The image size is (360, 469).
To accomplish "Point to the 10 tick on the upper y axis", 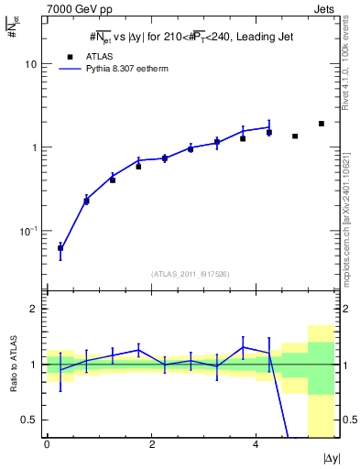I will coord(30,65).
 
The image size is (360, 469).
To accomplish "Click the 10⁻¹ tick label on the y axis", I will coord(27,230).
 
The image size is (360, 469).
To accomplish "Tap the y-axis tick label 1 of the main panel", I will coord(34,147).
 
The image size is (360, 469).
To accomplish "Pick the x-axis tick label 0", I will coord(47,445).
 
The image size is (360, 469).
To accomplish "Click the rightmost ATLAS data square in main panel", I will coord(322,124).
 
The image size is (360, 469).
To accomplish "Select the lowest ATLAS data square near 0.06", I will coord(60,248).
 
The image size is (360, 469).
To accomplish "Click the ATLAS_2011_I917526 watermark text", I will coord(191,274).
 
